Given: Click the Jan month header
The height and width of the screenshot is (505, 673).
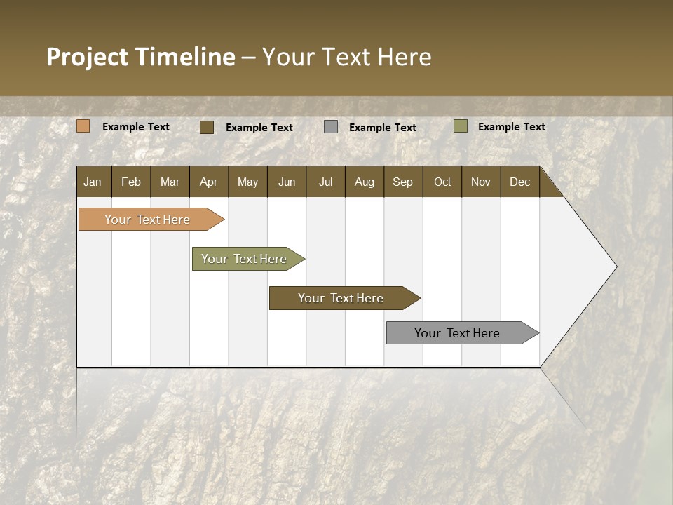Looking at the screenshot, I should click(x=93, y=182).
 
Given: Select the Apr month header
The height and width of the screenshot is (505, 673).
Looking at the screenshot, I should click(x=208, y=182).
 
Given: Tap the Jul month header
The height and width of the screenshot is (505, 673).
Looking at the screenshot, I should click(x=325, y=182).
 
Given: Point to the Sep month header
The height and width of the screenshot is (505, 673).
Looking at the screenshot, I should click(x=402, y=182).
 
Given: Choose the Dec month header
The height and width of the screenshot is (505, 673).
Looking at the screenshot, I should click(x=519, y=182).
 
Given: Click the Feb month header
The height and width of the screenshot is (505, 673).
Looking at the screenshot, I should click(x=131, y=182).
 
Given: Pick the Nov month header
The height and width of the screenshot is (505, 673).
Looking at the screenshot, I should click(x=480, y=182).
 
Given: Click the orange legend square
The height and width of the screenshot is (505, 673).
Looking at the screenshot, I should click(x=83, y=126).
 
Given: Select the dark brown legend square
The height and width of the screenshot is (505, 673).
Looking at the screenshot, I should click(x=206, y=127).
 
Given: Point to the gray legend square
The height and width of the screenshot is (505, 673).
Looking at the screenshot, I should click(x=330, y=127).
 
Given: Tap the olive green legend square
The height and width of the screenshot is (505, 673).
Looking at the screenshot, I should click(x=460, y=126).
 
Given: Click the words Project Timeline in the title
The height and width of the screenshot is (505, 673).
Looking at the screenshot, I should click(x=140, y=57).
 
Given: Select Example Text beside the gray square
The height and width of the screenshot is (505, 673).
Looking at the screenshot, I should click(x=382, y=128).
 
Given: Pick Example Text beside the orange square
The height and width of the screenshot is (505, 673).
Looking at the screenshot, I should click(x=135, y=127).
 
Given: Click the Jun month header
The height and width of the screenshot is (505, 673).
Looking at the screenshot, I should click(x=286, y=182).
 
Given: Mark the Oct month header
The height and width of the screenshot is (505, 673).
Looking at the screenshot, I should click(x=442, y=182).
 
